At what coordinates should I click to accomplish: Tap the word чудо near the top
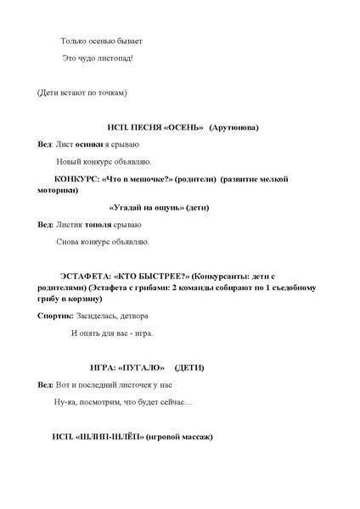click(x=88, y=58)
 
